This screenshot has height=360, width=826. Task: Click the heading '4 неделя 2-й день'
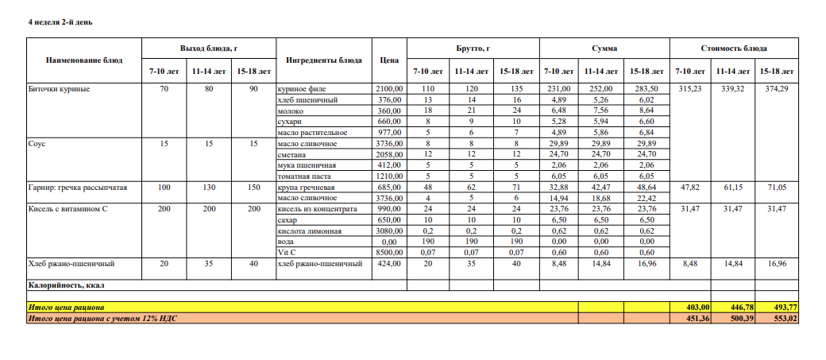pos(60,21)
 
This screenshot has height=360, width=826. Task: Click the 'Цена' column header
pos(389,60)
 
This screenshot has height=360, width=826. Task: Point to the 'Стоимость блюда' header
pos(733,48)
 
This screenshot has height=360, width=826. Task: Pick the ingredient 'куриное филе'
pos(301,89)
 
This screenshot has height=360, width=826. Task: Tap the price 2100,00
pos(390,89)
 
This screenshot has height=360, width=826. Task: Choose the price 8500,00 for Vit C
pos(390,252)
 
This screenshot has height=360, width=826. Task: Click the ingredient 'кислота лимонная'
pos(309,230)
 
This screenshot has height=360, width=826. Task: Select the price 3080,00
pos(390,230)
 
